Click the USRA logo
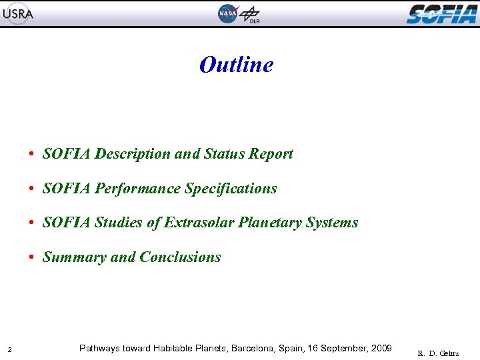(17, 13)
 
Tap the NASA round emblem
(227, 13)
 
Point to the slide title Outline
(236, 65)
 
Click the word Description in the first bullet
(132, 154)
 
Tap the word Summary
(74, 257)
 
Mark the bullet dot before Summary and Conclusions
(32, 257)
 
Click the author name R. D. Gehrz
(438, 353)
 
